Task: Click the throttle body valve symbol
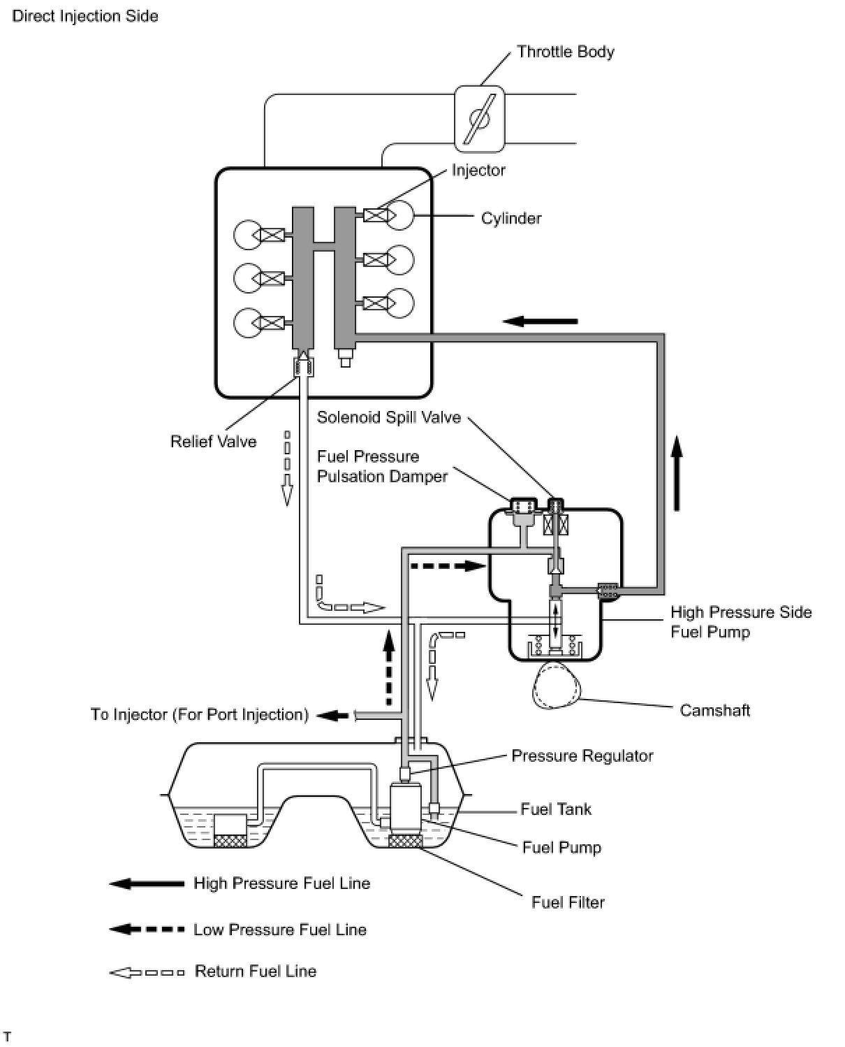coord(479,119)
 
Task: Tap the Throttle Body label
coord(565,52)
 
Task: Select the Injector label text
coord(478,170)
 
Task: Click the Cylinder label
coord(511,218)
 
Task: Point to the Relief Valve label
coord(213,442)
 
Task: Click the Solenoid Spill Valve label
coord(388,417)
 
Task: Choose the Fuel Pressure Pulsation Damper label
coord(382,466)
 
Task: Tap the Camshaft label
coord(714,710)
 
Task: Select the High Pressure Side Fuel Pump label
coord(740,622)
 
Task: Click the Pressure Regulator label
coord(582,756)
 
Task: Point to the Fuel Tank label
coord(555,809)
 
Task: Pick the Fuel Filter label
coord(568,902)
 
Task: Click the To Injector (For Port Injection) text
coord(199,714)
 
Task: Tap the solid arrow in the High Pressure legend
coord(147,883)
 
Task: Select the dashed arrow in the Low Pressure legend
coord(147,930)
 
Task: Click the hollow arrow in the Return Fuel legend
coord(147,972)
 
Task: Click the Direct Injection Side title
coord(85,15)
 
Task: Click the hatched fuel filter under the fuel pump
coord(405,841)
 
